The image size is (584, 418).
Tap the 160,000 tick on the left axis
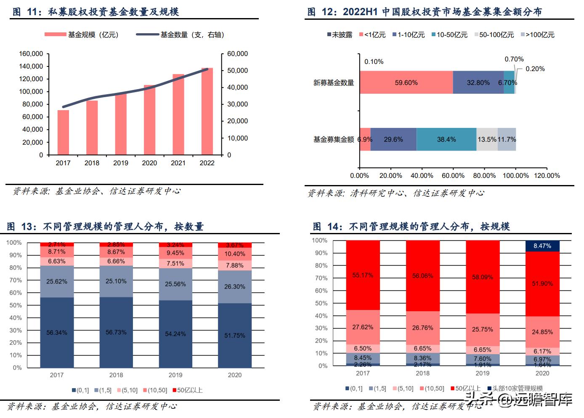tap(31, 54)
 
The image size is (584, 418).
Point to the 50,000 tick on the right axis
tap(238, 71)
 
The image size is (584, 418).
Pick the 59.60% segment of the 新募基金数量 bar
tap(406, 83)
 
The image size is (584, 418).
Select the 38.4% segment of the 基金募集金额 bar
tap(446, 139)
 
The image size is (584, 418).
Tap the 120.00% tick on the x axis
tap(547, 175)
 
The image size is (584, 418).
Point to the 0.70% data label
tap(514, 59)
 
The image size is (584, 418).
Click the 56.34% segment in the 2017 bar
tap(57, 332)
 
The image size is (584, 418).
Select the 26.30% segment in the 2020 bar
tap(235, 287)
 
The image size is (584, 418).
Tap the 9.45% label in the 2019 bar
tap(175, 253)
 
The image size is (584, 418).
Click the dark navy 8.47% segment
tap(542, 246)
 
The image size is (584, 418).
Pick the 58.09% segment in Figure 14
tap(483, 277)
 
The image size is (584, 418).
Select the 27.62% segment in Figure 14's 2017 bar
tap(363, 327)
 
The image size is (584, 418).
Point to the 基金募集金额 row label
tap(334, 139)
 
